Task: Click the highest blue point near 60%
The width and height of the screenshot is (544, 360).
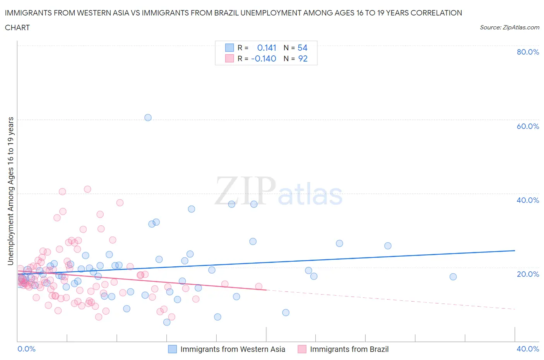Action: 148,118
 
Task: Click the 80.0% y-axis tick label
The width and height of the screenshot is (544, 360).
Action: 528,52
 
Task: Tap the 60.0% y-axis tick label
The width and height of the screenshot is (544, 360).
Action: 528,126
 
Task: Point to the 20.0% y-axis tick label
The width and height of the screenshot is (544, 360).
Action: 528,274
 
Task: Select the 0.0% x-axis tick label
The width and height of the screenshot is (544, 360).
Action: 26,349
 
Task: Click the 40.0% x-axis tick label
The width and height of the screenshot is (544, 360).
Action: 528,349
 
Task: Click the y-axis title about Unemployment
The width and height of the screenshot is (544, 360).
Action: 10,191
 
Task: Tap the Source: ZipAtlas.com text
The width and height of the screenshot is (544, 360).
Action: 509,27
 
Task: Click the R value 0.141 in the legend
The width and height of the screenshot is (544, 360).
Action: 267,48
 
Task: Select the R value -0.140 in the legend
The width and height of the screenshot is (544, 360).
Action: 263,58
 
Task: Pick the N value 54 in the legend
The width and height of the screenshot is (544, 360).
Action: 303,48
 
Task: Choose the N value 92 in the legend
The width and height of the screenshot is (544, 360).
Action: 303,58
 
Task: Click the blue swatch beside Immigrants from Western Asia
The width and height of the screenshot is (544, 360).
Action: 172,349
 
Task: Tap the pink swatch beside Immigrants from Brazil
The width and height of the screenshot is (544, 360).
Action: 302,349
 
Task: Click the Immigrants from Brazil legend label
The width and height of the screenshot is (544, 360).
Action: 349,349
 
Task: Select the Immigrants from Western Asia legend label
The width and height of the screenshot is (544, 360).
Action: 233,349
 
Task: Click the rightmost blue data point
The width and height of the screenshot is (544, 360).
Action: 453,277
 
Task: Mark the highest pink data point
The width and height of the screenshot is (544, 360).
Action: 87,189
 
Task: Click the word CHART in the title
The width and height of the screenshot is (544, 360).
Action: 17,27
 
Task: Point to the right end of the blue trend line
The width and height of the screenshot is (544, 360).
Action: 515,250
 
